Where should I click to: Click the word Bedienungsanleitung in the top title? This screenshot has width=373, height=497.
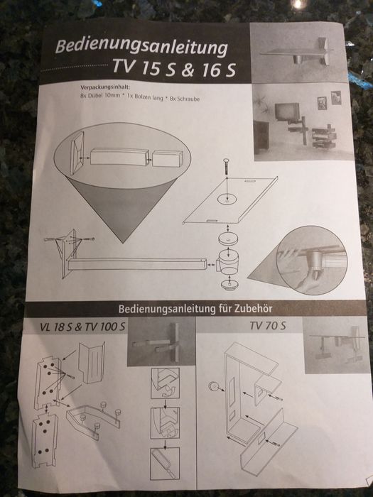pyautogui.click(x=141, y=46)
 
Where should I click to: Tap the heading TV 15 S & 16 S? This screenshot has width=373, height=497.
pyautogui.click(x=174, y=68)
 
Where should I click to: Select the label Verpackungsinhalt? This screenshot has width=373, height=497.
pyautogui.click(x=105, y=87)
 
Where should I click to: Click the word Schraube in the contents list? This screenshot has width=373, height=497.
pyautogui.click(x=188, y=99)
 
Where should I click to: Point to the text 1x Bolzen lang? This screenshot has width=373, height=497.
pyautogui.click(x=145, y=97)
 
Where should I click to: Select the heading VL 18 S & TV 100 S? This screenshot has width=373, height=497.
pyautogui.click(x=83, y=327)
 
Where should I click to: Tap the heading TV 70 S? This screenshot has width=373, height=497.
pyautogui.click(x=267, y=325)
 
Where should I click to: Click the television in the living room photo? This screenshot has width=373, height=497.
pyautogui.click(x=287, y=111)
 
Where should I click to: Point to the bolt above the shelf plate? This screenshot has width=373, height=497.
pyautogui.click(x=228, y=165)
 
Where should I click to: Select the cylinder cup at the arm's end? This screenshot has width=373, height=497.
pyautogui.click(x=227, y=262)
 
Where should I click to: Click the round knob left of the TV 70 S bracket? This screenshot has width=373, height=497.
pyautogui.click(x=214, y=386)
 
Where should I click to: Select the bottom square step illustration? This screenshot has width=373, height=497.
pyautogui.click(x=165, y=464)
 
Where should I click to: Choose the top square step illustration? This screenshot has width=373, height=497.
pyautogui.click(x=165, y=383)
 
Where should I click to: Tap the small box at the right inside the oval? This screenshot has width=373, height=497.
pyautogui.click(x=168, y=158)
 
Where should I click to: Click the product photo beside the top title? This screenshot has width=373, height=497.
pyautogui.click(x=298, y=53)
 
